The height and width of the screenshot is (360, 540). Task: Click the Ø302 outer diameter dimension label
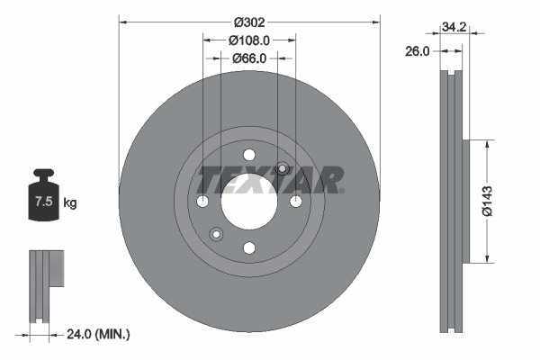coord(248,21)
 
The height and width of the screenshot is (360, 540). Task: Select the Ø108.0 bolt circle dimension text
coord(249,40)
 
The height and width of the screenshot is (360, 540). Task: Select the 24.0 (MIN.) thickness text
coord(98,334)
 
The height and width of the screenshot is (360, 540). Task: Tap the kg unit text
coord(70,203)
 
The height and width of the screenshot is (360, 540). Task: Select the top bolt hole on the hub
coord(248,154)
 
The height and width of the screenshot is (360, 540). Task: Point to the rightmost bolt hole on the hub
coord(295,200)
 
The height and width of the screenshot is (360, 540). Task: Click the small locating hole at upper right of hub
coord(282,167)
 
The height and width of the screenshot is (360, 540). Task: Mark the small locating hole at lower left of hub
coord(215,235)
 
